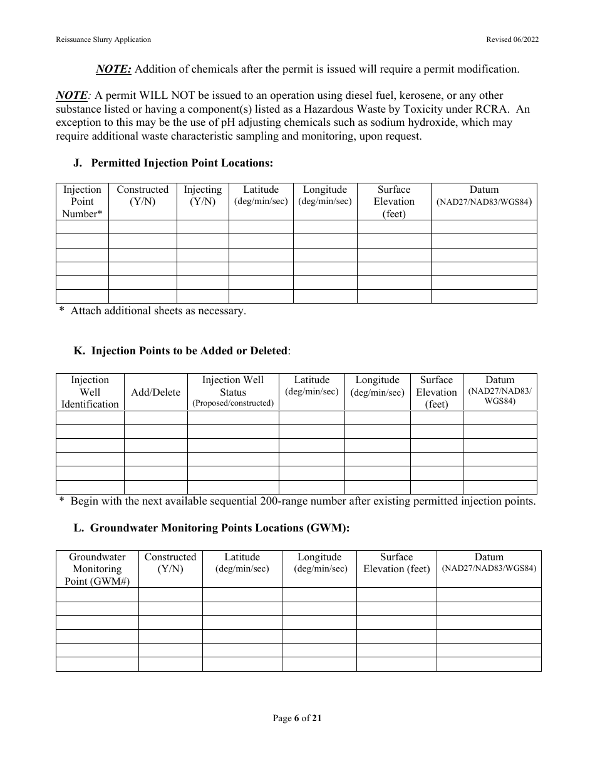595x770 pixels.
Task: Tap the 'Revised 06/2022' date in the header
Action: [x=512, y=39]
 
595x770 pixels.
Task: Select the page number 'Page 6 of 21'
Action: [x=297, y=719]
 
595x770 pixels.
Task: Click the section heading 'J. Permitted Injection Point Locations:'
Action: [x=173, y=163]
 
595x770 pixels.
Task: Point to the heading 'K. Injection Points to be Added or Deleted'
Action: [x=182, y=351]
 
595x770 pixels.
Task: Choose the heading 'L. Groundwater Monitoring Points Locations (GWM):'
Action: [x=212, y=528]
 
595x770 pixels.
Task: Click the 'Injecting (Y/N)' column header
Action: [x=202, y=195]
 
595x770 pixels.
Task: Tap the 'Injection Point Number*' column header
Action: [x=82, y=202]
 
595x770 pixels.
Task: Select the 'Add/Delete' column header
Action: [x=155, y=393]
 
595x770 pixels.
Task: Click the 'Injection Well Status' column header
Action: [x=233, y=386]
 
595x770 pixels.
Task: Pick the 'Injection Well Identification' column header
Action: [x=90, y=392]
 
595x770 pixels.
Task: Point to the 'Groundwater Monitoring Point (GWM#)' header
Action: [x=97, y=568]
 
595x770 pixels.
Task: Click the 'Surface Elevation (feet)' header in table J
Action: [x=394, y=202]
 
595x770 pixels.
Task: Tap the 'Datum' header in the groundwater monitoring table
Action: [x=489, y=557]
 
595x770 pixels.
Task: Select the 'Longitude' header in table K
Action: [x=377, y=380]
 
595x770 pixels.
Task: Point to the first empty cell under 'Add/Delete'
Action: [x=155, y=418]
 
